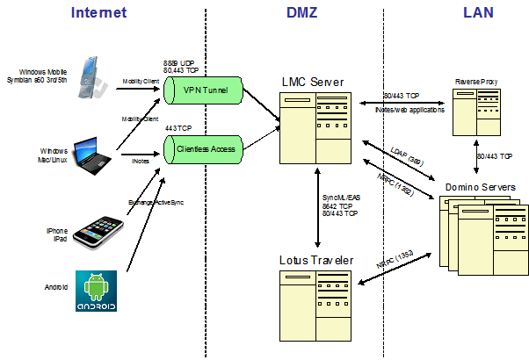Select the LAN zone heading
tap(478, 12)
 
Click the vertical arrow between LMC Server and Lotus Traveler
tap(315, 207)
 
